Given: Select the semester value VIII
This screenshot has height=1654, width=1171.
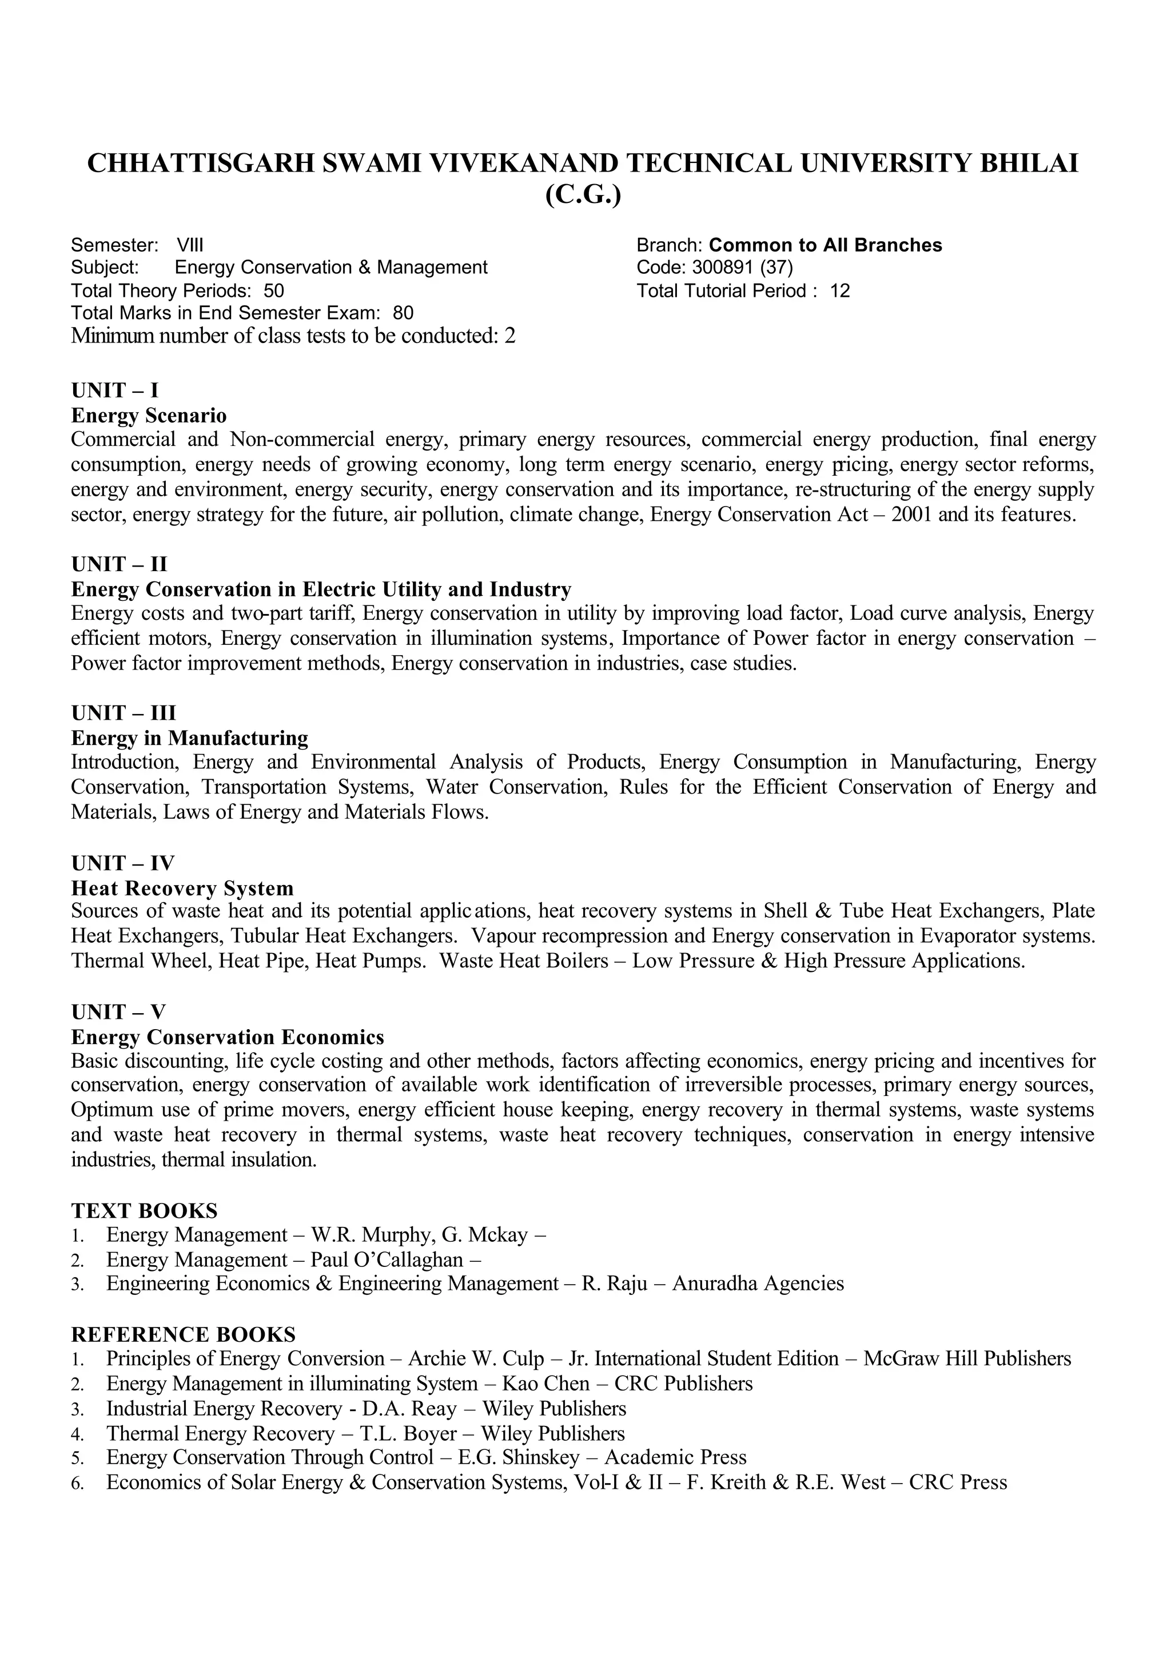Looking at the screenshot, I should [190, 245].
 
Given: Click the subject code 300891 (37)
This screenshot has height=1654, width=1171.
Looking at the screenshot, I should [742, 268].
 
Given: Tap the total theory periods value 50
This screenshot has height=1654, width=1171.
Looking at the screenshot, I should [274, 290].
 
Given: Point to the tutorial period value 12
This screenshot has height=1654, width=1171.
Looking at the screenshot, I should [839, 290].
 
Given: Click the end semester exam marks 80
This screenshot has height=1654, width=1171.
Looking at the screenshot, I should [403, 313].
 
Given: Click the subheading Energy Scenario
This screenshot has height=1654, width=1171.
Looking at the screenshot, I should [149, 415].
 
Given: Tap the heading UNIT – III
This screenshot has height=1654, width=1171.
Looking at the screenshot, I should [124, 712].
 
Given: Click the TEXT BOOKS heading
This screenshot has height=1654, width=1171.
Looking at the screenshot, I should [144, 1210].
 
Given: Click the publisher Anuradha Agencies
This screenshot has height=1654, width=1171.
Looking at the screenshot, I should [757, 1284].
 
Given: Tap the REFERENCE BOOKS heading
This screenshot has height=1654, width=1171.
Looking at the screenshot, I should [183, 1334].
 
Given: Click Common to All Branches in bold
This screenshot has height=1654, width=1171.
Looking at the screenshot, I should [825, 245].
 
